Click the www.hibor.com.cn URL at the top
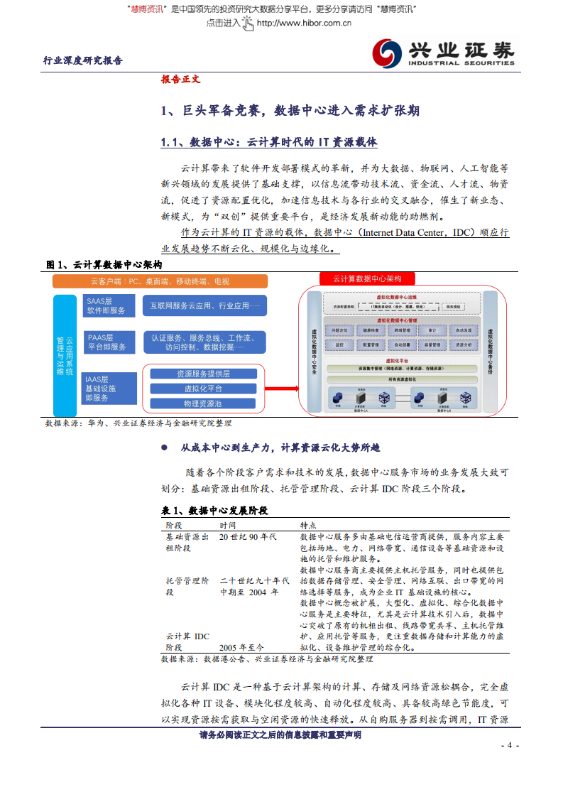(304, 23)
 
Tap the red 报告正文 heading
(180, 80)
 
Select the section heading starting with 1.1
(269, 142)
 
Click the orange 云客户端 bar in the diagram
(160, 281)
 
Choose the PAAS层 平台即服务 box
(106, 342)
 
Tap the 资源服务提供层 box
(203, 374)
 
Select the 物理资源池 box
(203, 403)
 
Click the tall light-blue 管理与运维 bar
(65, 355)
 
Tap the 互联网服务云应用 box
(204, 306)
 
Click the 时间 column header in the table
(228, 524)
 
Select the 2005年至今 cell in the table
(241, 647)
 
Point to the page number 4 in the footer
(510, 745)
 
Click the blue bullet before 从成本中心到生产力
(164, 448)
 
